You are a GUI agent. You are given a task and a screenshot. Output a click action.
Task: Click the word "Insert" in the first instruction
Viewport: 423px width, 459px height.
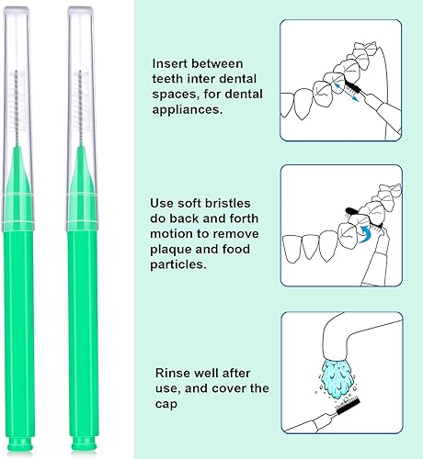(x=172, y=64)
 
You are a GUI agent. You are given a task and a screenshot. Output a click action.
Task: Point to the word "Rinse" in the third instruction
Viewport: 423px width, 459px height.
(x=172, y=372)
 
